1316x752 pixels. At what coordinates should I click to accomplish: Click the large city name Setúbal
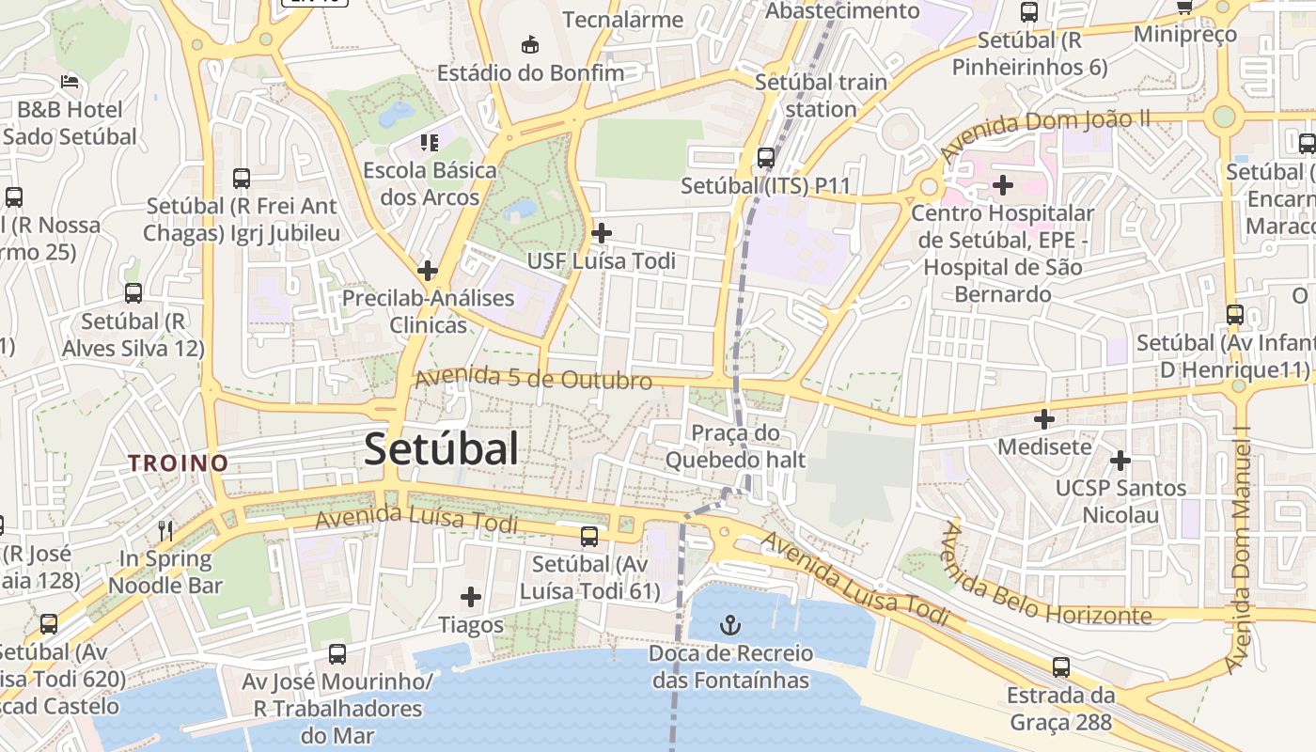click(x=441, y=449)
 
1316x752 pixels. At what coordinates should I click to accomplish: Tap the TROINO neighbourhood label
click(x=179, y=462)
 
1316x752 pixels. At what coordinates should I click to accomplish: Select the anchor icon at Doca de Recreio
click(x=729, y=624)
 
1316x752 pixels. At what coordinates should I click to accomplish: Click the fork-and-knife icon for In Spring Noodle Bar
click(x=165, y=530)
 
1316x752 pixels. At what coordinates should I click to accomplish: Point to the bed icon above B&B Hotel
click(x=70, y=83)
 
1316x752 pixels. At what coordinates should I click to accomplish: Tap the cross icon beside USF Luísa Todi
click(x=602, y=232)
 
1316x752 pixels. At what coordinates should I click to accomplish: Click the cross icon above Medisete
click(x=1044, y=419)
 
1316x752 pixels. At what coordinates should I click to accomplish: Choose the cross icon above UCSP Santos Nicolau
click(x=1120, y=461)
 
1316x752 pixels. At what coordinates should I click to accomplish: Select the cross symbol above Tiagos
click(x=471, y=597)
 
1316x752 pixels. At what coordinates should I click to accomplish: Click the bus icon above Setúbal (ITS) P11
click(x=766, y=157)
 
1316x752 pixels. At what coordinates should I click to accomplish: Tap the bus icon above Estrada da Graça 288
click(x=1061, y=667)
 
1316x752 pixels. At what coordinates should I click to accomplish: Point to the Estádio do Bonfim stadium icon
click(x=530, y=44)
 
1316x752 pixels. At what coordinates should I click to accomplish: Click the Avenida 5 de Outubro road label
click(x=533, y=378)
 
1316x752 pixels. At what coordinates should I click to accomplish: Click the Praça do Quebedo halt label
click(x=735, y=446)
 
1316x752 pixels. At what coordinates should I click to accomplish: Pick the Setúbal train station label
click(x=821, y=95)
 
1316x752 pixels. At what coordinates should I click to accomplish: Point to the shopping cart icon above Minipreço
click(x=1184, y=8)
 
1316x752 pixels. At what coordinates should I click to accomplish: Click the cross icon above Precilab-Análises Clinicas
click(x=428, y=271)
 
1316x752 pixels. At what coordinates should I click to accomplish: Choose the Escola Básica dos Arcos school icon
click(x=430, y=143)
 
